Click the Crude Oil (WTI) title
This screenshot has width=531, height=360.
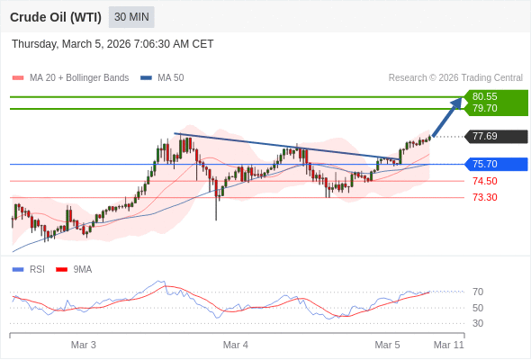click(55, 17)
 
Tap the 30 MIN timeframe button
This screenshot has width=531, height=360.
click(131, 17)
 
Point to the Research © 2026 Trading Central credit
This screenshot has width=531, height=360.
click(455, 78)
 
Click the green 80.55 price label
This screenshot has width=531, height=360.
click(485, 96)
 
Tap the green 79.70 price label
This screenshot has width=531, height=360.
click(485, 109)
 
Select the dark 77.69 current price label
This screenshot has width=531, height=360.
click(485, 137)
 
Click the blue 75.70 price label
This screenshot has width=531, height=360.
click(485, 164)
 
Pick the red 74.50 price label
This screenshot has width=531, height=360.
click(485, 181)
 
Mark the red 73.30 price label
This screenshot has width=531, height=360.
click(485, 197)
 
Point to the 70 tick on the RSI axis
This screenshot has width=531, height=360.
click(478, 292)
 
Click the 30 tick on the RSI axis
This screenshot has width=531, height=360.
click(478, 323)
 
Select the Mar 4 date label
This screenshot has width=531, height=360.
click(236, 345)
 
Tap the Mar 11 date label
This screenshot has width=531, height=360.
click(448, 345)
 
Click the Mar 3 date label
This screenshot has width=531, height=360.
click(84, 345)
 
